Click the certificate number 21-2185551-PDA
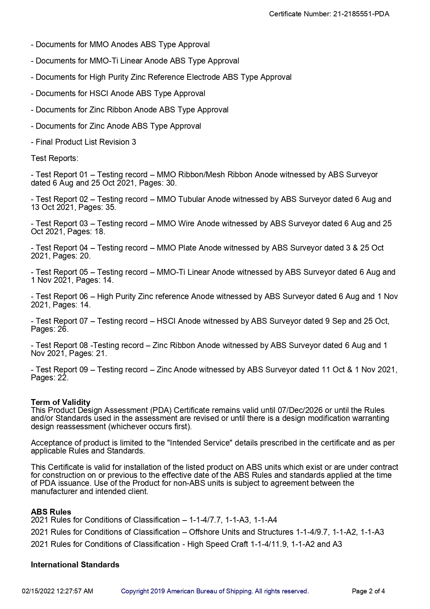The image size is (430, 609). coord(361,14)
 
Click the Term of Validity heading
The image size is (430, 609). coord(60,402)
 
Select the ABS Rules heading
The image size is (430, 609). coord(51,512)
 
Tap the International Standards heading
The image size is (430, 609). coord(75,565)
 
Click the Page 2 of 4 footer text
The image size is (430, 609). coord(368,591)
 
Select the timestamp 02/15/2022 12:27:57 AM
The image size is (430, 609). coord(58,591)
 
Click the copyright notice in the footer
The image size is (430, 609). coord(215,591)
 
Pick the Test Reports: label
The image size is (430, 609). coord(54,159)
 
